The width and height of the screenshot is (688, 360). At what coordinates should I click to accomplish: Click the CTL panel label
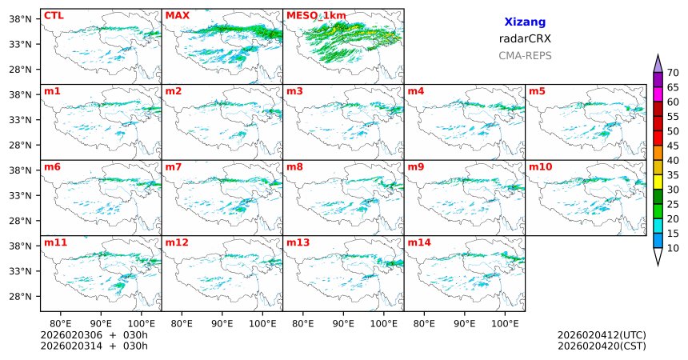pos(54,15)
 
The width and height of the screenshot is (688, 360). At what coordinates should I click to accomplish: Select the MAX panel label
pos(177,15)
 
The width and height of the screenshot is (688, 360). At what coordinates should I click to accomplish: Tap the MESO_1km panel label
pos(316,15)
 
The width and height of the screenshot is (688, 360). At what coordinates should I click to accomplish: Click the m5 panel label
pos(537,91)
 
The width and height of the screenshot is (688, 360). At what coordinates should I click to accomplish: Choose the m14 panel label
pos(419,242)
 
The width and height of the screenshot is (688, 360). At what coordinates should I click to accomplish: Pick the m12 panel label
pos(177,242)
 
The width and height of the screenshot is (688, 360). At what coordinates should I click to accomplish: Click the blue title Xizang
pos(525,22)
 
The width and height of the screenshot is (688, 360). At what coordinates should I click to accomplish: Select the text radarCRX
pos(525,38)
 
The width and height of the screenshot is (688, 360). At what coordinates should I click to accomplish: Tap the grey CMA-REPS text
pos(525,55)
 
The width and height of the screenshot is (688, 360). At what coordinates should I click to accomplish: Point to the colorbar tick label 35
pos(673,174)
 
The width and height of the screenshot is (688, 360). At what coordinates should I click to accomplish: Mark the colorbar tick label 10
pos(673,249)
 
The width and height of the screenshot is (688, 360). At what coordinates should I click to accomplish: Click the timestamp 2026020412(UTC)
pos(602,334)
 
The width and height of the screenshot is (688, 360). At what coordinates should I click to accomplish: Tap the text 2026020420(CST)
pos(602,346)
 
